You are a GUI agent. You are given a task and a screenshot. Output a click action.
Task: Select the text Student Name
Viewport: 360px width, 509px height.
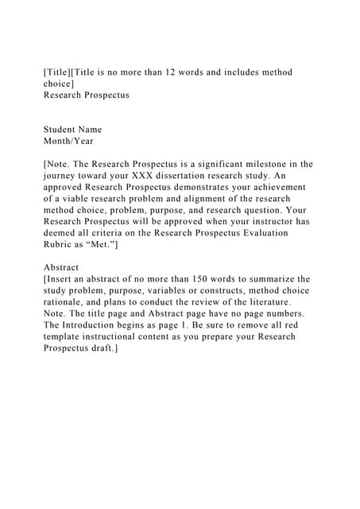[x=72, y=130]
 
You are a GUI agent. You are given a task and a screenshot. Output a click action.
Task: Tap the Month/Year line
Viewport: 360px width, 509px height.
[x=68, y=141]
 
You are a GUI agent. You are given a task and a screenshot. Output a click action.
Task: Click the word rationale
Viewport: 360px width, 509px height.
[x=67, y=302]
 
